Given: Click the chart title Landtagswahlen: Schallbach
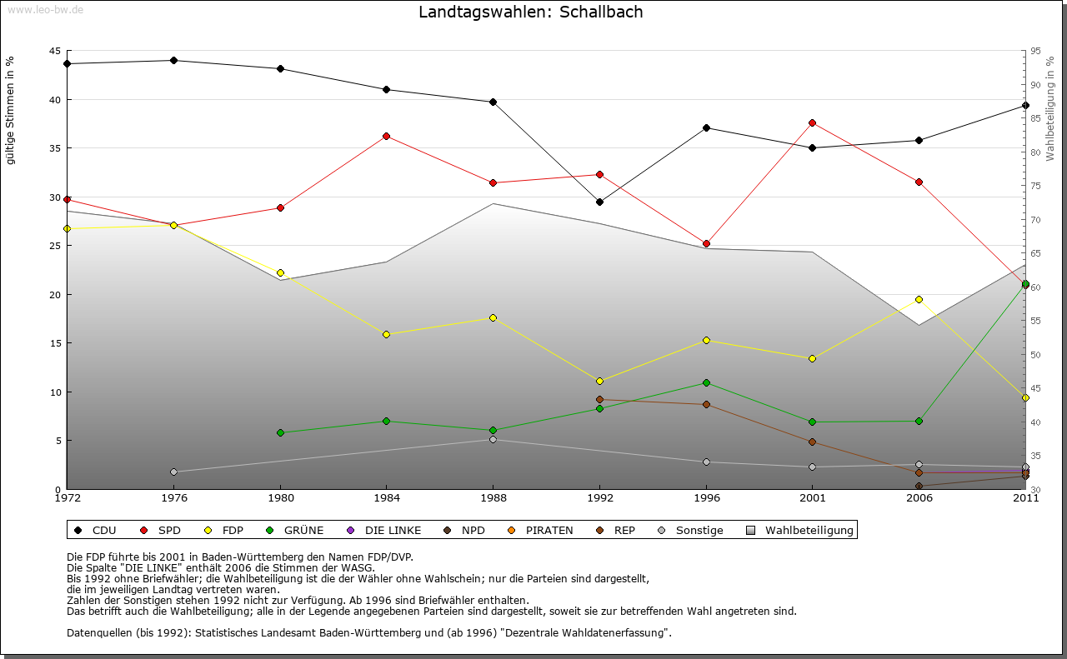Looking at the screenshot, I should tap(531, 12).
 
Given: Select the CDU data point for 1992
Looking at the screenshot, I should tap(599, 202).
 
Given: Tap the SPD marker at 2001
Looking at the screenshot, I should tap(813, 122).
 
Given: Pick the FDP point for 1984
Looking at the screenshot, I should tap(387, 334).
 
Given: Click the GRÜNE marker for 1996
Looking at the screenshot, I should tap(706, 382).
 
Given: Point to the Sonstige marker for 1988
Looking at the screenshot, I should tap(493, 439).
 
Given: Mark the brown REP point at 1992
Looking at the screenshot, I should tap(599, 399).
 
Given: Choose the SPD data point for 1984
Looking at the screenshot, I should tap(387, 136).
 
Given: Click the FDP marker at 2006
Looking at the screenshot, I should tap(919, 299).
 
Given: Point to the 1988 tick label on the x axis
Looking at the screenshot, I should tap(493, 498).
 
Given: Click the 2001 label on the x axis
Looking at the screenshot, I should tap(813, 498).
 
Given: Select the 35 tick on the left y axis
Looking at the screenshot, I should tap(54, 148).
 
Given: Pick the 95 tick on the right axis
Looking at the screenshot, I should tap(1035, 51).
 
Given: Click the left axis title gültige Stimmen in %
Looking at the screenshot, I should tap(11, 110).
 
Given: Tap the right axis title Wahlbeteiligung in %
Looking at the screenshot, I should tap(1050, 108).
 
